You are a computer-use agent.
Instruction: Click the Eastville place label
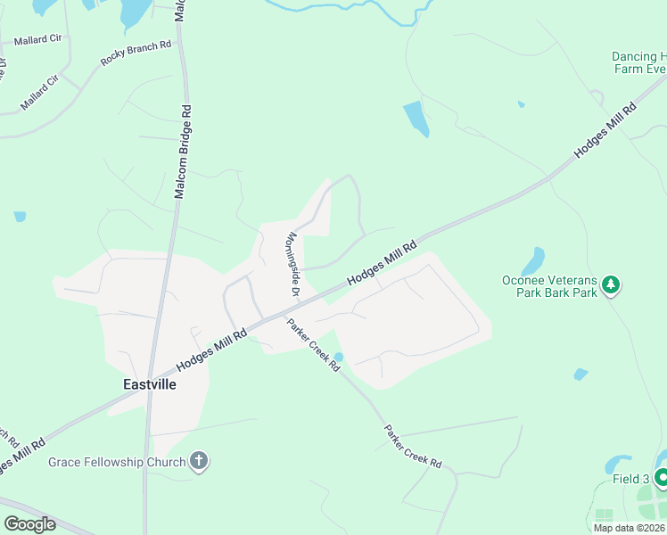pyautogui.click(x=149, y=384)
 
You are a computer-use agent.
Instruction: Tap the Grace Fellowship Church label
pyautogui.click(x=117, y=462)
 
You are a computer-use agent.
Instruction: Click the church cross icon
pyautogui.click(x=199, y=462)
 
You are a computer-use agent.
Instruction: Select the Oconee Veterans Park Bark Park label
pyautogui.click(x=548, y=286)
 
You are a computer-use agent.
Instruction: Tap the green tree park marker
pyautogui.click(x=611, y=285)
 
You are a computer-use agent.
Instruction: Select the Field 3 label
pyautogui.click(x=630, y=479)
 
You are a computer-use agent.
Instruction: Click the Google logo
pyautogui.click(x=29, y=524)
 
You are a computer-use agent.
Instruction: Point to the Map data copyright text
pyautogui.click(x=629, y=528)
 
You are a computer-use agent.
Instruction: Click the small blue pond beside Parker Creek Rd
pyautogui.click(x=338, y=358)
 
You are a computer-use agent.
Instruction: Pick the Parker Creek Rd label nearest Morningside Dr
pyautogui.click(x=314, y=344)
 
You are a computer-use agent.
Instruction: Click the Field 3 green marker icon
pyautogui.click(x=662, y=478)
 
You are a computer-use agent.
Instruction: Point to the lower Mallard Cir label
pyautogui.click(x=39, y=93)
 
